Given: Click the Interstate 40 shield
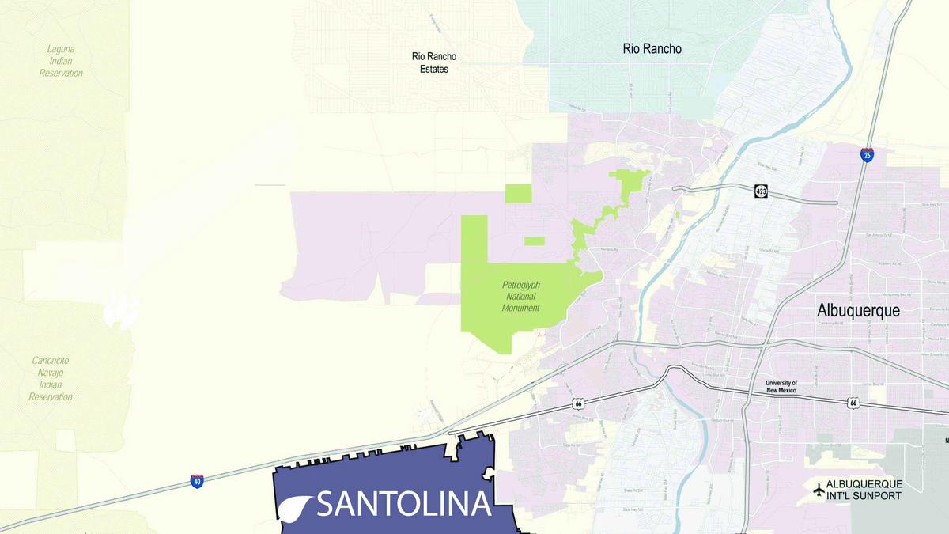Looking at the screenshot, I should (x=197, y=480).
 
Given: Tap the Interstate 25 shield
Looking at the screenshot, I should (x=868, y=154).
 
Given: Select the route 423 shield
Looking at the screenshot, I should (x=761, y=191).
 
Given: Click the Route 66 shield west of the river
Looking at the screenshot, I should (x=580, y=404).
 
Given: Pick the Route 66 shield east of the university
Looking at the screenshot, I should (x=853, y=403).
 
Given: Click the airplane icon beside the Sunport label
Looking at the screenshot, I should (x=818, y=490).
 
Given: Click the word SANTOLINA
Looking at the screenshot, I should (x=404, y=504).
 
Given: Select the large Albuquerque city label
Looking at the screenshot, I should (x=858, y=311).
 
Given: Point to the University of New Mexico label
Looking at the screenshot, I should (x=781, y=387).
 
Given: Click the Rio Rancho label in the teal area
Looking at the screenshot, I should (x=652, y=49).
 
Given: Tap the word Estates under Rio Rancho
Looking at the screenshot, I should (x=434, y=70).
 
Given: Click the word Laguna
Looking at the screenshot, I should (x=61, y=49).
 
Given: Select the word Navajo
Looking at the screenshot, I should (x=51, y=373).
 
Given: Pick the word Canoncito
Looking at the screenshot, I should (x=51, y=361).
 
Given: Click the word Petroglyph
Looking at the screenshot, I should (x=522, y=285).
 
